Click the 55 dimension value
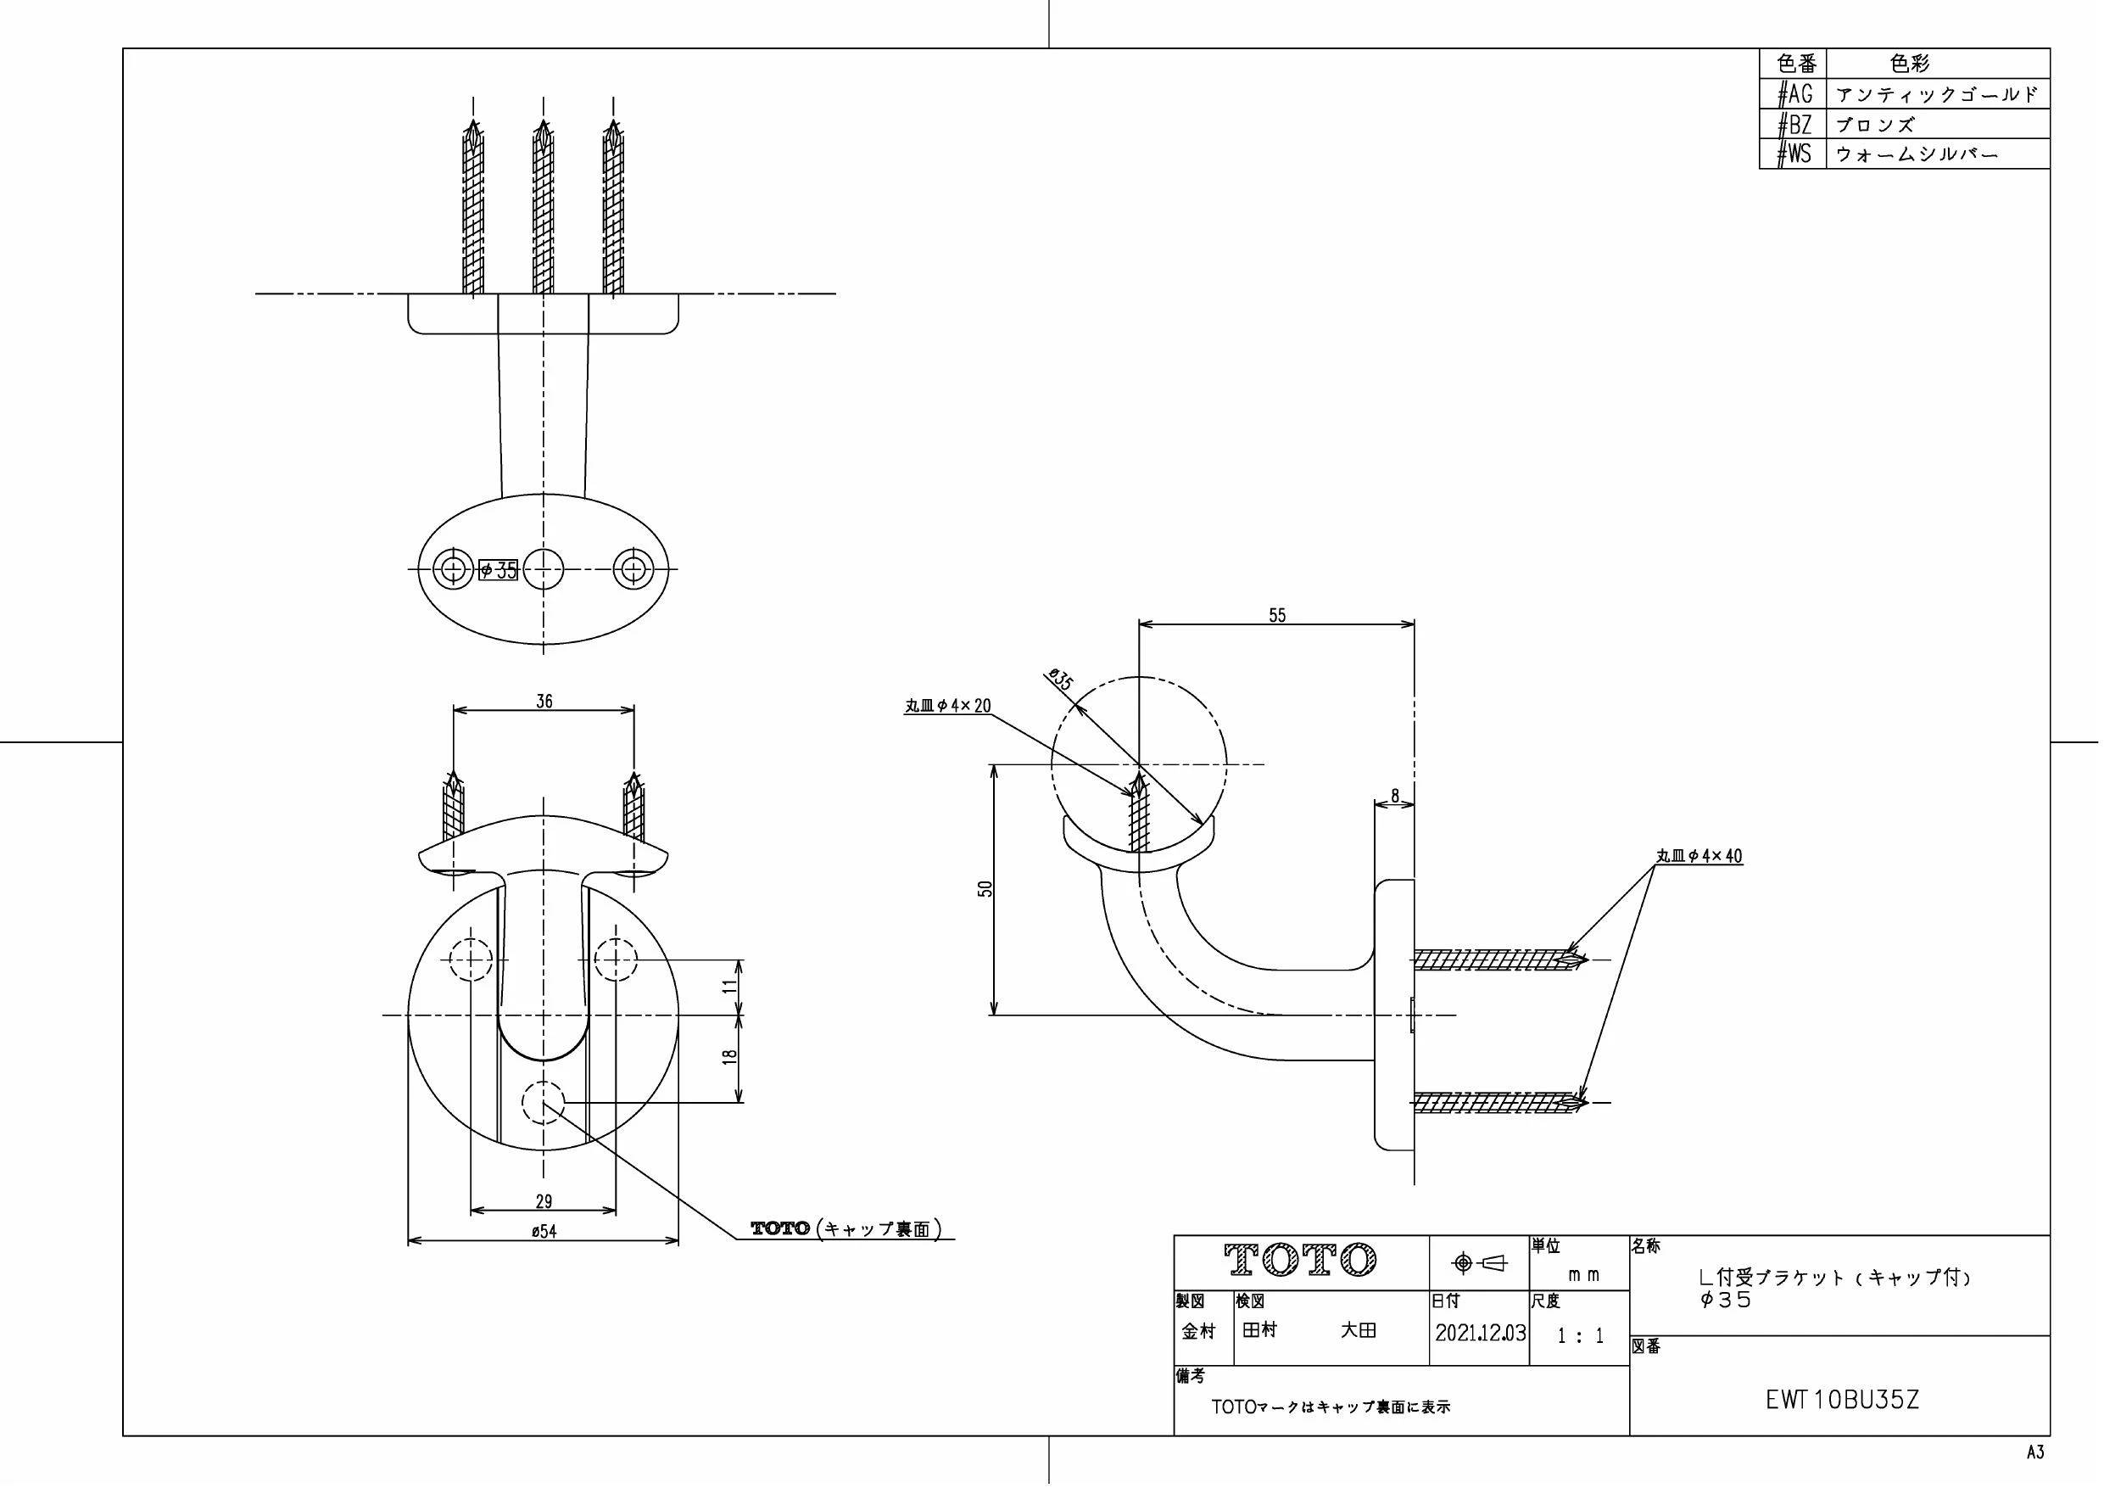point(1276,615)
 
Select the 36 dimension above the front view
point(544,702)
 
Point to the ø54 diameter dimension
point(544,1231)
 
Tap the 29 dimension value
point(544,1200)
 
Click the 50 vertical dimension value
point(985,887)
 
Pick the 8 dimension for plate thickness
point(1395,796)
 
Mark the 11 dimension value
point(729,987)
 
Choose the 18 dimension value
point(729,1055)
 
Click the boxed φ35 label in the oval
point(499,570)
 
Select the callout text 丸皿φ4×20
point(947,706)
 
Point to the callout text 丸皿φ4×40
point(1699,856)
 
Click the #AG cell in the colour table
point(1794,93)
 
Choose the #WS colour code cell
point(1794,154)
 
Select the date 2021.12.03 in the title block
point(1480,1333)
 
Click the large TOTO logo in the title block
point(1301,1261)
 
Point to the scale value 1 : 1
point(1581,1336)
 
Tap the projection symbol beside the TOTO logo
point(1479,1263)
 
